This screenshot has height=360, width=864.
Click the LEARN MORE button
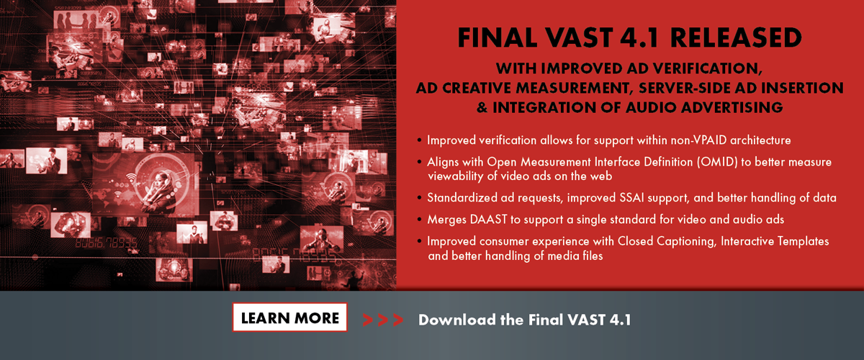pyautogui.click(x=289, y=318)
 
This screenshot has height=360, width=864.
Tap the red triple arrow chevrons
pyautogui.click(x=382, y=320)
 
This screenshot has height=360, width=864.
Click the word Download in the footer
pyautogui.click(x=457, y=320)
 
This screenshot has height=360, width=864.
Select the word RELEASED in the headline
pyautogui.click(x=736, y=38)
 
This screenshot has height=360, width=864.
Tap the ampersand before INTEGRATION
pyautogui.click(x=482, y=107)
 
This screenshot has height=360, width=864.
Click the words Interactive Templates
pyautogui.click(x=775, y=241)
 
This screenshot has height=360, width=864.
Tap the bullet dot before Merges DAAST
pyautogui.click(x=419, y=220)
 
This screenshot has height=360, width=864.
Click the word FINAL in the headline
pyautogui.click(x=498, y=38)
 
